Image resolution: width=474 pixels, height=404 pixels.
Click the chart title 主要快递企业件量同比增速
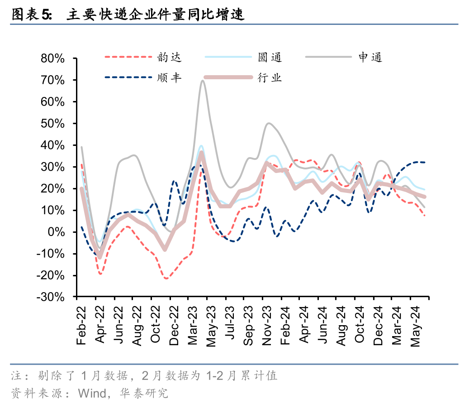coord(155,15)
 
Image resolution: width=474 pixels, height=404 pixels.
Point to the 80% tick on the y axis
coord(53,58)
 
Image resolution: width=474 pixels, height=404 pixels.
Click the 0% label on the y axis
coord(58,232)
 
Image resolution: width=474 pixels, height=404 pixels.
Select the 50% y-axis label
coord(53,124)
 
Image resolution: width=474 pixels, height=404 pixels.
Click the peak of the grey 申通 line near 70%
coord(202,81)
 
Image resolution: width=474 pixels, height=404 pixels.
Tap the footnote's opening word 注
coord(16,375)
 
